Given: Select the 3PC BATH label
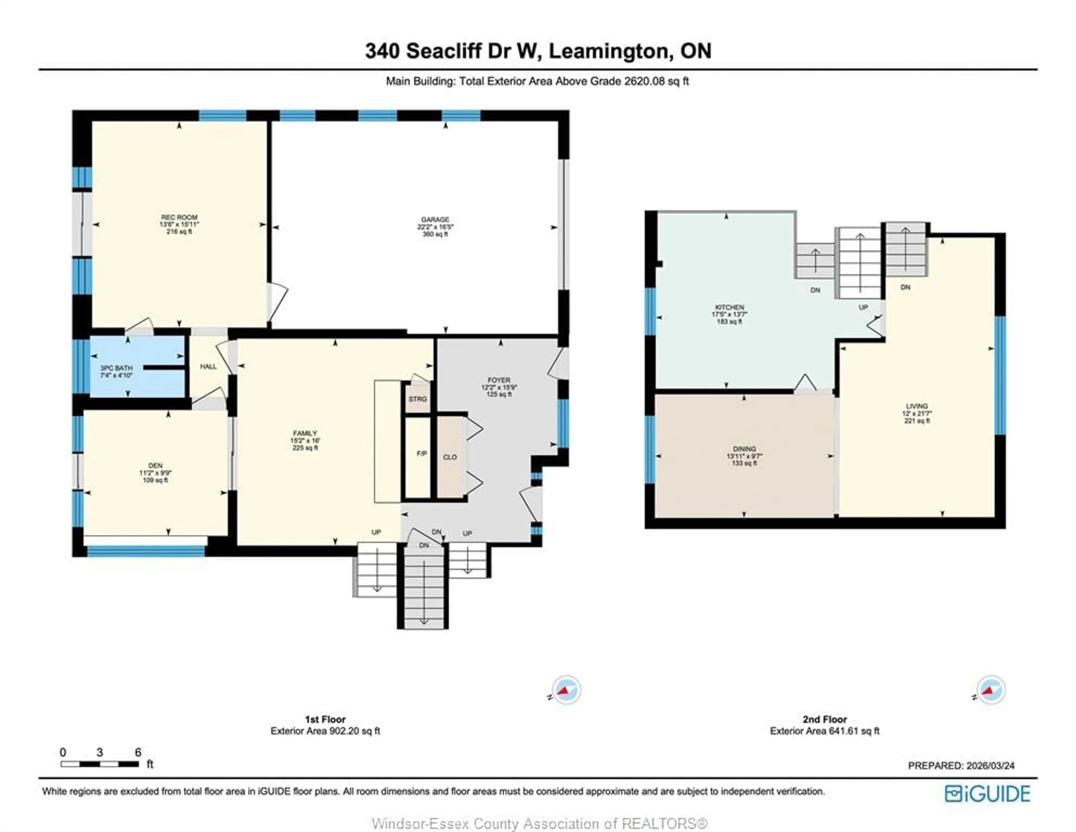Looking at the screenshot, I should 116,368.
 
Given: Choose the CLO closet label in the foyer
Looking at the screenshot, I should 450,457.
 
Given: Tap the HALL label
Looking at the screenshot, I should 208,366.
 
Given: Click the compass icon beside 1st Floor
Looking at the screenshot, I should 565,690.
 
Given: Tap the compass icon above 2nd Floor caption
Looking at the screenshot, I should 990,690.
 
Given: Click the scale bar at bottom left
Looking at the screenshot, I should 99,764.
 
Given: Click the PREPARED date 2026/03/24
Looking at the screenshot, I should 961,766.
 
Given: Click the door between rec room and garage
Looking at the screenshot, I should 276,301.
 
